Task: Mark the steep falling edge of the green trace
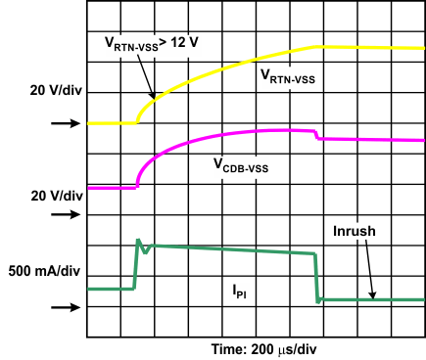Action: pyautogui.click(x=318, y=277)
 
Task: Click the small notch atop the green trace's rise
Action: pyautogui.click(x=144, y=247)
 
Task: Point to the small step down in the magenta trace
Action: pyautogui.click(x=315, y=135)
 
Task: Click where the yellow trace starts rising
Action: pyautogui.click(x=137, y=121)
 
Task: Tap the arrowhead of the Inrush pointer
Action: pyautogui.click(x=372, y=295)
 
